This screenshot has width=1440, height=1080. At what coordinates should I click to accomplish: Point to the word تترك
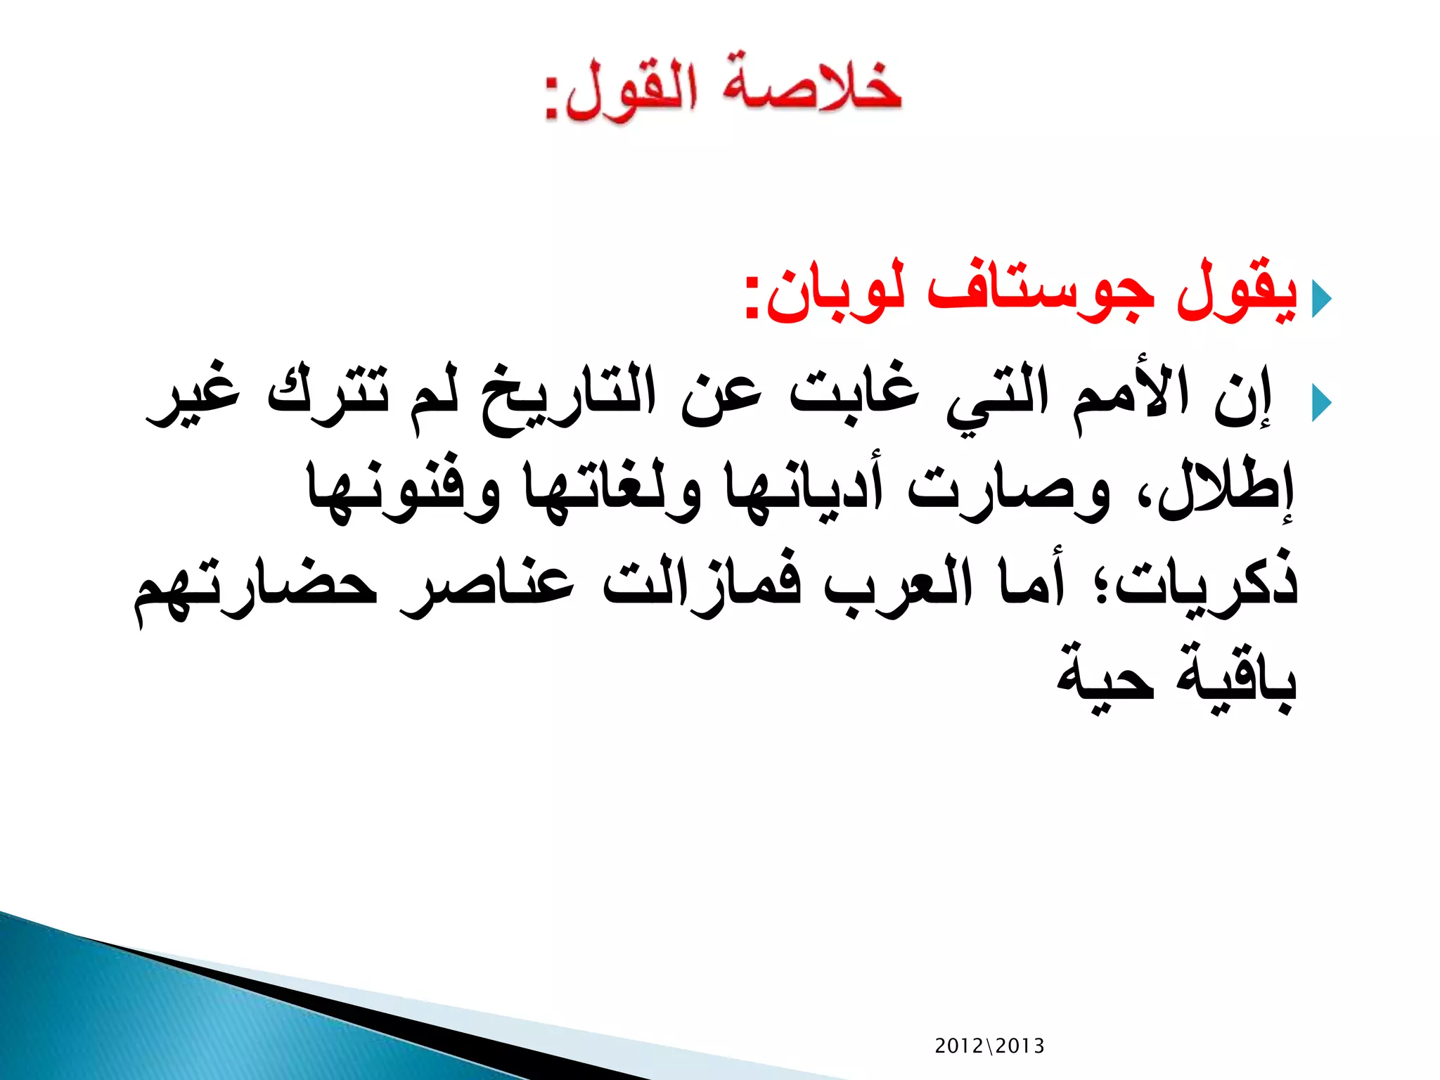328,394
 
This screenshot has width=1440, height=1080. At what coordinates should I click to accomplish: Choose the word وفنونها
404,489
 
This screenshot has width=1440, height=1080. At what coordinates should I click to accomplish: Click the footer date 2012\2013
989,1046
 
